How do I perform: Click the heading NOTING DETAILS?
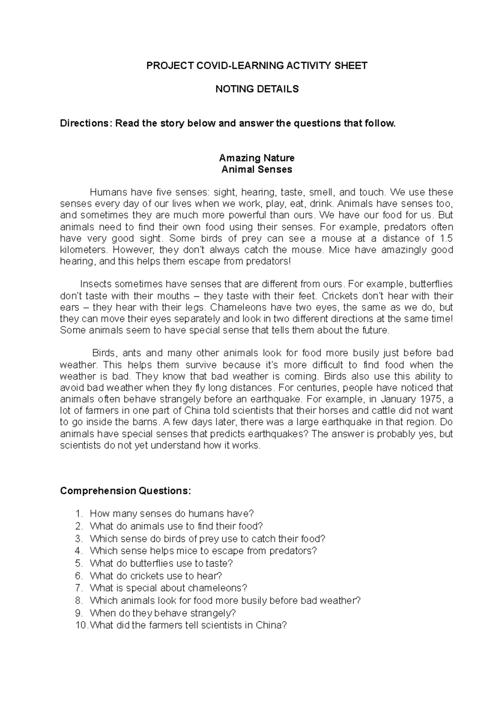(257, 89)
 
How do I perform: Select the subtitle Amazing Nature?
(257, 158)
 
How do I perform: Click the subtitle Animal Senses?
(257, 170)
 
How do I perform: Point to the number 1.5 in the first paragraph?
(447, 239)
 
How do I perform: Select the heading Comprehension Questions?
(126, 491)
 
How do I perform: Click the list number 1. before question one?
(79, 514)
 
